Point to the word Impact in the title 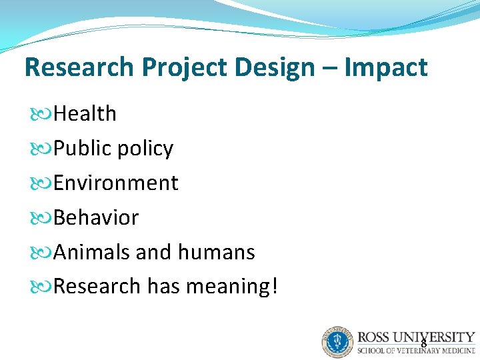pyautogui.click(x=386, y=67)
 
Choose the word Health pyautogui.click(x=85, y=114)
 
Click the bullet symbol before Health pyautogui.click(x=41, y=115)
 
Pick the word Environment pyautogui.click(x=115, y=183)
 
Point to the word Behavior pyautogui.click(x=96, y=218)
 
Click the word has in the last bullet pyautogui.click(x=163, y=287)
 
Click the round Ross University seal pyautogui.click(x=337, y=342)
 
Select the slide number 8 pyautogui.click(x=423, y=344)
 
